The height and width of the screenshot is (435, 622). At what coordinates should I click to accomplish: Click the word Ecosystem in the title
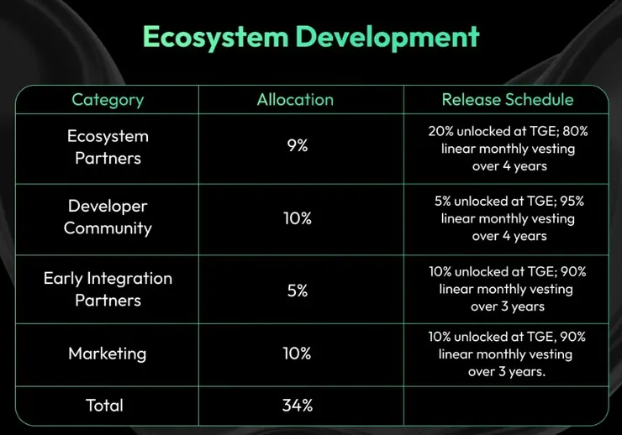pyautogui.click(x=209, y=38)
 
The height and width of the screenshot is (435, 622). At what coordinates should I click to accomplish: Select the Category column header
pyautogui.click(x=108, y=100)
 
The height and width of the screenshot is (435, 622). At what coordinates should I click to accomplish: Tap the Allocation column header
pyautogui.click(x=295, y=100)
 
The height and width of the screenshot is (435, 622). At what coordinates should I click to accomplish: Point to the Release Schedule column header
pyautogui.click(x=508, y=100)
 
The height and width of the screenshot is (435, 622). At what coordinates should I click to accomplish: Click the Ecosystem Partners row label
pyautogui.click(x=108, y=147)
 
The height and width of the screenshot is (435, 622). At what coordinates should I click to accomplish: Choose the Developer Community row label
pyautogui.click(x=108, y=217)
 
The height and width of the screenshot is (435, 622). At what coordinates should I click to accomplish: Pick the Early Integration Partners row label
pyautogui.click(x=108, y=289)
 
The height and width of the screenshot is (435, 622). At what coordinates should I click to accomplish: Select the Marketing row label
pyautogui.click(x=108, y=354)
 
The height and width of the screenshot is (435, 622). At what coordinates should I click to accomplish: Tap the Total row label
pyautogui.click(x=104, y=406)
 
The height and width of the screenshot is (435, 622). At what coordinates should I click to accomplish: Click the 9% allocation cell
pyautogui.click(x=297, y=146)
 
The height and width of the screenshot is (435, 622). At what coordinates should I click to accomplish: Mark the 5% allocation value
pyautogui.click(x=297, y=291)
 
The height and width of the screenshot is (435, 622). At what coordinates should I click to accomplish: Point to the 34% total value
pyautogui.click(x=297, y=406)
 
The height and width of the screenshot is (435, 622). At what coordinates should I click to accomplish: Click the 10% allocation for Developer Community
pyautogui.click(x=297, y=218)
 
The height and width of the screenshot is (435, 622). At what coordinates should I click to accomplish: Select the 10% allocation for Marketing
pyautogui.click(x=297, y=354)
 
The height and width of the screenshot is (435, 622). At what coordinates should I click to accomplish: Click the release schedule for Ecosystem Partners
pyautogui.click(x=508, y=149)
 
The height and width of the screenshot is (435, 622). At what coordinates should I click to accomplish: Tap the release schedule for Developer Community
pyautogui.click(x=508, y=218)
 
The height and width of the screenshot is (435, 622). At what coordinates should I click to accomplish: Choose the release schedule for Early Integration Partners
pyautogui.click(x=508, y=289)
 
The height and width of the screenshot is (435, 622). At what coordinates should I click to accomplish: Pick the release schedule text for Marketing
pyautogui.click(x=508, y=354)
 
